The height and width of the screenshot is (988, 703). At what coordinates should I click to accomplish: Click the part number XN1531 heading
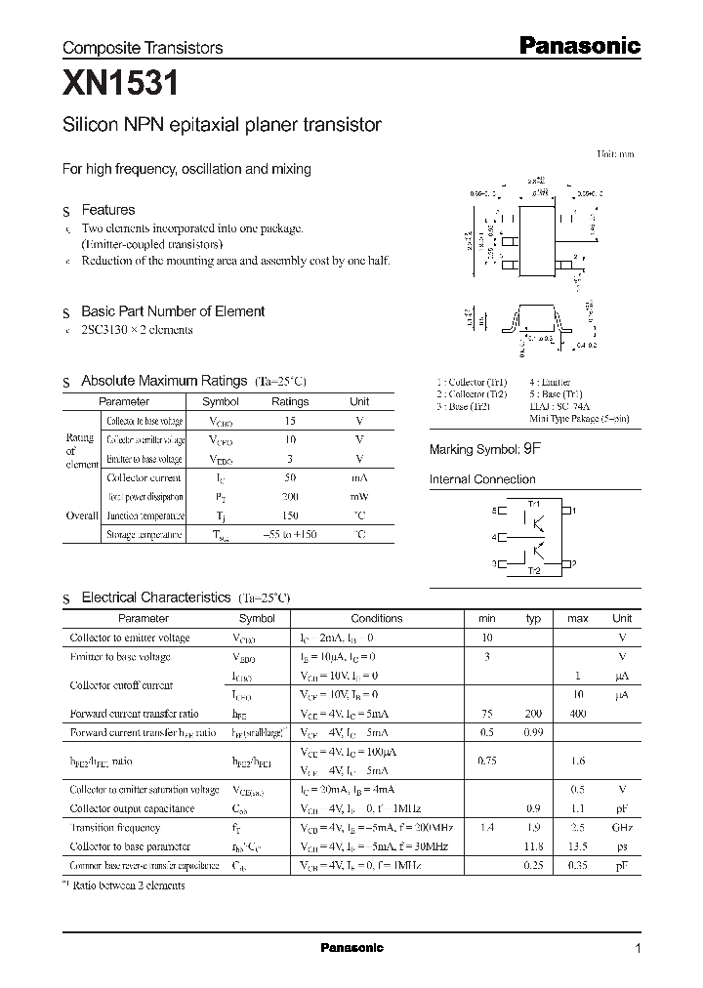tap(120, 86)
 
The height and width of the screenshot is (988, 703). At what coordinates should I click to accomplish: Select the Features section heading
tap(107, 210)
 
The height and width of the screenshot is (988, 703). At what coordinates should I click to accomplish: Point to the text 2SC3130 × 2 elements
tap(137, 330)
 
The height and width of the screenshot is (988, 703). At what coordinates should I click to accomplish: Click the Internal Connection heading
tap(482, 479)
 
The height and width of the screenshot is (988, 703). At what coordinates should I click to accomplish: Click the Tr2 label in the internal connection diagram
tap(533, 570)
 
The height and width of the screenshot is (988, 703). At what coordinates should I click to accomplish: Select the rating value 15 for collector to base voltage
tap(290, 421)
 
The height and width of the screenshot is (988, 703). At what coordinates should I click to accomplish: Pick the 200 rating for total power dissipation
tap(290, 497)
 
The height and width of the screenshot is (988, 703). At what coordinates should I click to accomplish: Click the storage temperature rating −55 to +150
tap(290, 535)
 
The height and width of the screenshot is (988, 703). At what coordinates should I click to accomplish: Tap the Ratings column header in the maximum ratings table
tap(290, 401)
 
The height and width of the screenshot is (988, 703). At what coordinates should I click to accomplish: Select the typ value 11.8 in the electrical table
tap(533, 846)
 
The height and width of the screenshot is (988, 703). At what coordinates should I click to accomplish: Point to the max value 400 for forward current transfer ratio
tap(578, 714)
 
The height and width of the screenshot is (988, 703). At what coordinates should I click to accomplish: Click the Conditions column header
tap(376, 618)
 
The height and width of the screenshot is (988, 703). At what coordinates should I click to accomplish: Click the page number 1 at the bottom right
tap(638, 949)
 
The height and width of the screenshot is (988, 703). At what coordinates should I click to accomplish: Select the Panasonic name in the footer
tap(351, 948)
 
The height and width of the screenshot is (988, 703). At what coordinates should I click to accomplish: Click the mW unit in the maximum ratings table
tap(359, 497)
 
